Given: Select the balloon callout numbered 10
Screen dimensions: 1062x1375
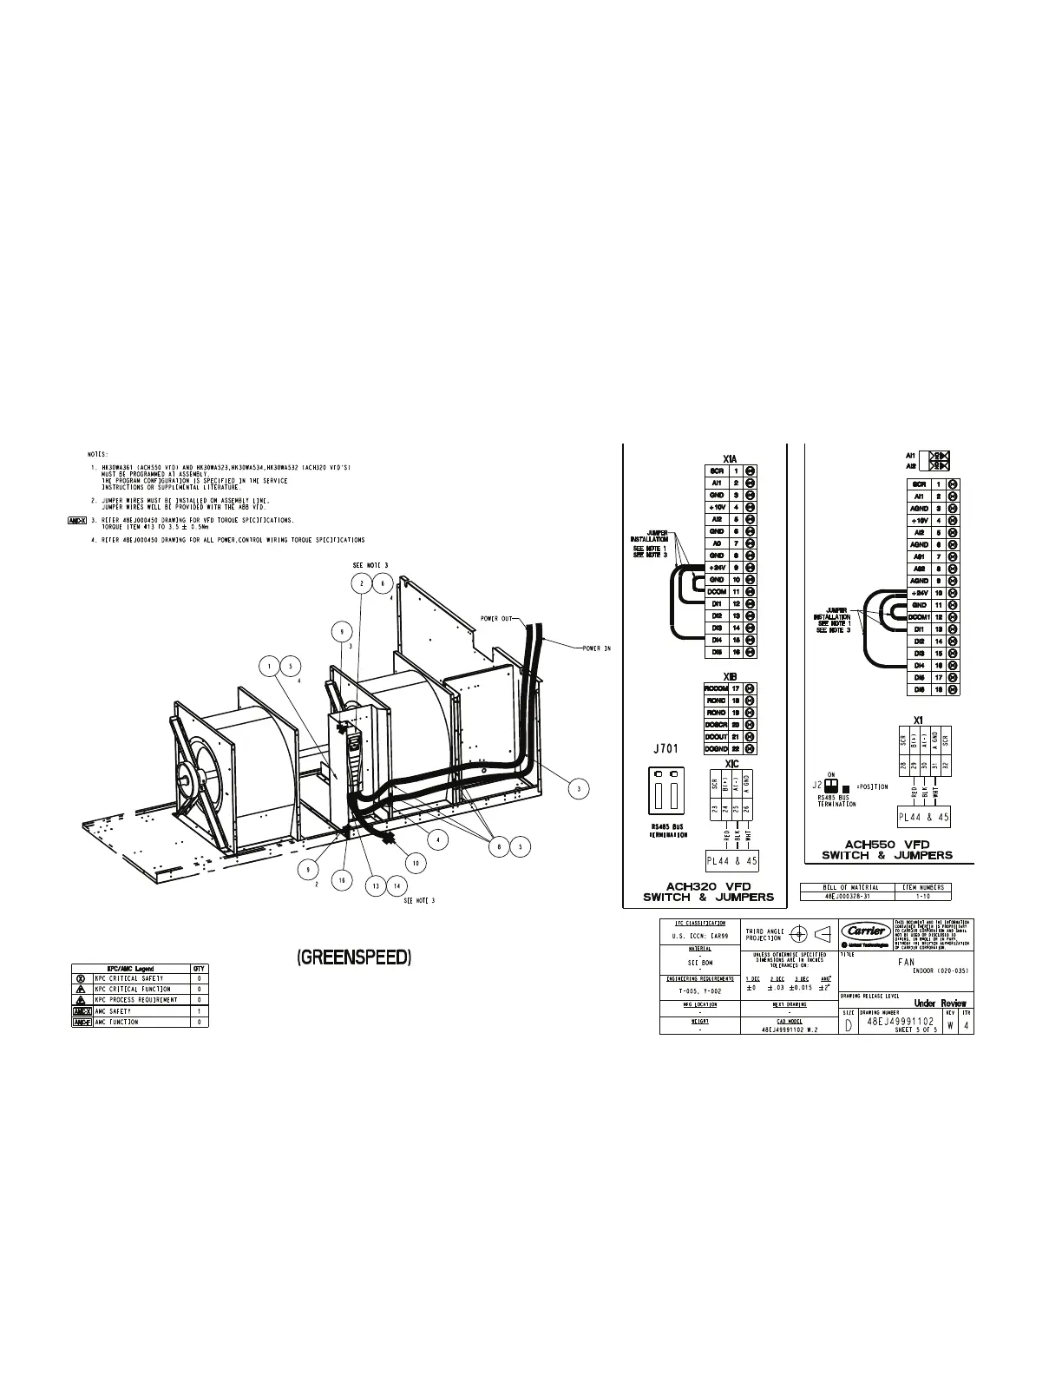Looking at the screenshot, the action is point(416,863).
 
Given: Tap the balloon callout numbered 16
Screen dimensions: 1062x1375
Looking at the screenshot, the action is point(343,879).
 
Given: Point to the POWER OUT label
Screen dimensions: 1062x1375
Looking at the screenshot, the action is point(497,619).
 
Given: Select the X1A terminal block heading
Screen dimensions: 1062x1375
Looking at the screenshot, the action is point(730,458).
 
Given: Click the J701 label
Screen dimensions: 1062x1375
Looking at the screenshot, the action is point(665,747).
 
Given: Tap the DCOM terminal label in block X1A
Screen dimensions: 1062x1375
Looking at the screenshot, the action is point(717,591).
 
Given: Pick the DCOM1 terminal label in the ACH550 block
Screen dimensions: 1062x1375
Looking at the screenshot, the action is point(919,616).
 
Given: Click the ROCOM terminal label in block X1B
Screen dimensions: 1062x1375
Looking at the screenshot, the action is point(716,688).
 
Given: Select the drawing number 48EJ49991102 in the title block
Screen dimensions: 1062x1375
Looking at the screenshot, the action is point(901,1021).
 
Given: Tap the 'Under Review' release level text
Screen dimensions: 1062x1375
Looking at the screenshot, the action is point(940,1003).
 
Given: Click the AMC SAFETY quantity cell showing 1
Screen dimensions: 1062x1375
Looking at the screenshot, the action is point(200,1011).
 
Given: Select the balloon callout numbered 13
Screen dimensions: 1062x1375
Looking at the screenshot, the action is point(376,885).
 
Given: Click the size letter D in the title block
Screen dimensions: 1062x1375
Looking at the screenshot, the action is point(848,1025).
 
